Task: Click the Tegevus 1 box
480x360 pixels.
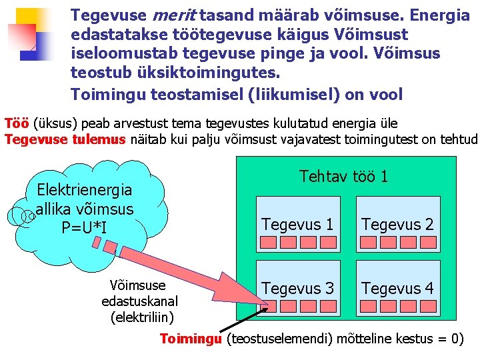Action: point(297,225)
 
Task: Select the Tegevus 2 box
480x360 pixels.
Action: point(397,225)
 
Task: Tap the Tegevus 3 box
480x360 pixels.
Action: point(297,288)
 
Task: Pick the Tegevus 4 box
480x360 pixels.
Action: point(397,288)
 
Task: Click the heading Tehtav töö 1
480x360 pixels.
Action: point(343,177)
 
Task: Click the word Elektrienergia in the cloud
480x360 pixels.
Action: point(85,190)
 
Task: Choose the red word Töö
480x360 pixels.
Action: point(16,123)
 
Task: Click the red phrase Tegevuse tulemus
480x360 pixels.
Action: point(65,139)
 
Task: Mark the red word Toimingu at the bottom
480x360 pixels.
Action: point(190,339)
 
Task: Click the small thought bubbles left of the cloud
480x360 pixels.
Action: point(20,216)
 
